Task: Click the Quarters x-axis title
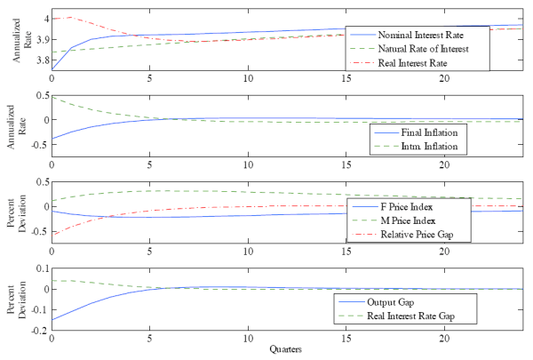click(x=285, y=350)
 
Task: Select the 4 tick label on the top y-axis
click(x=44, y=19)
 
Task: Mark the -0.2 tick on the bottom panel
click(x=37, y=330)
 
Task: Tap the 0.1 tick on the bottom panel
click(x=40, y=268)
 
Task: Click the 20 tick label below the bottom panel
click(x=443, y=340)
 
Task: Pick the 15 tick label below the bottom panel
click(x=346, y=340)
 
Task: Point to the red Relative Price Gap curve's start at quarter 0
click(x=53, y=234)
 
